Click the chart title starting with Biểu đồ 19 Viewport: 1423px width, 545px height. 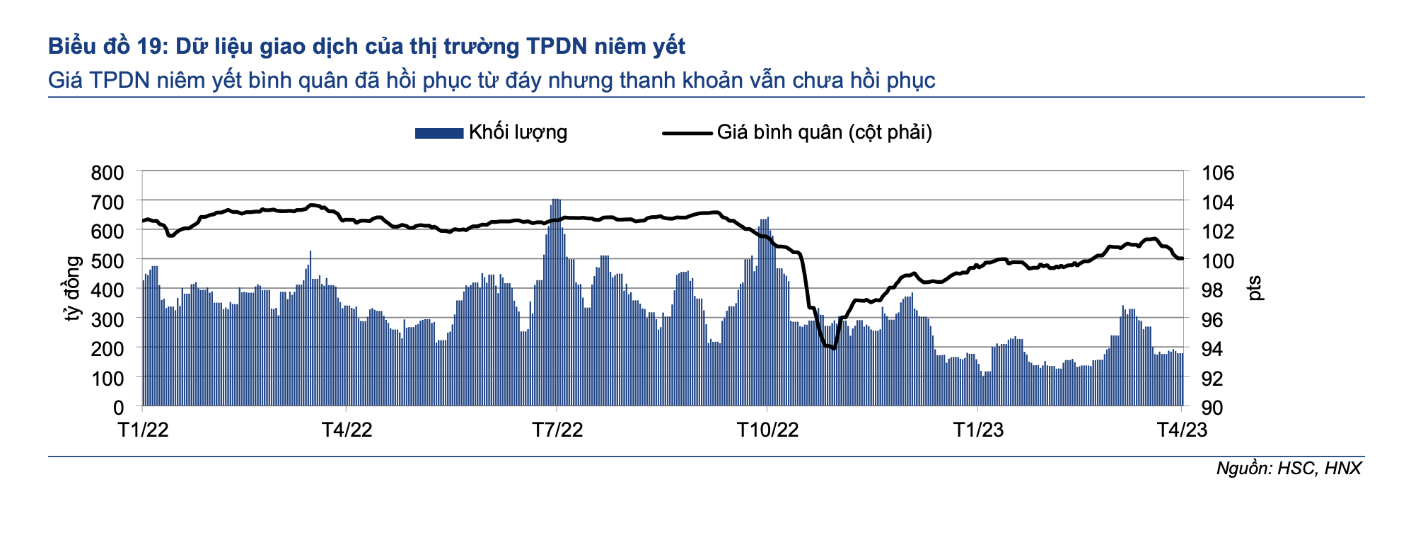click(x=366, y=47)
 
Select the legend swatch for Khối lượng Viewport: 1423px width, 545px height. click(x=438, y=132)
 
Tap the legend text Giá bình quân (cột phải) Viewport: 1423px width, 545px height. click(x=824, y=132)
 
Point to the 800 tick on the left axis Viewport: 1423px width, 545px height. click(x=108, y=173)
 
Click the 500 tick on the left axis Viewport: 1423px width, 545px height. click(x=108, y=260)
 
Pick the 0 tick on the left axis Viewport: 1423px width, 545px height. click(x=118, y=408)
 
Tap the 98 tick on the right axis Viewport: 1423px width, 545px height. click(x=1213, y=290)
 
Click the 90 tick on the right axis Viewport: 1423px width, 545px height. click(x=1213, y=408)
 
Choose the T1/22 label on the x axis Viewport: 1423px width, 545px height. click(x=143, y=430)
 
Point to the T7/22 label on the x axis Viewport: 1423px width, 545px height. click(x=557, y=430)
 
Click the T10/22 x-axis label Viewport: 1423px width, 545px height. click(x=767, y=430)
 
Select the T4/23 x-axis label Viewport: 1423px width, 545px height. click(x=1181, y=430)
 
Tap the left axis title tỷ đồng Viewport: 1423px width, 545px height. click(x=73, y=289)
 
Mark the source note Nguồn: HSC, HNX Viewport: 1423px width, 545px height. click(x=1288, y=468)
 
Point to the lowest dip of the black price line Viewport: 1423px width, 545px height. click(x=835, y=348)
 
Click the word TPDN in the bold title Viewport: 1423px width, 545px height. click(x=556, y=47)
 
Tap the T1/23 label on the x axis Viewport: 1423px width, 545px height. click(x=978, y=430)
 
